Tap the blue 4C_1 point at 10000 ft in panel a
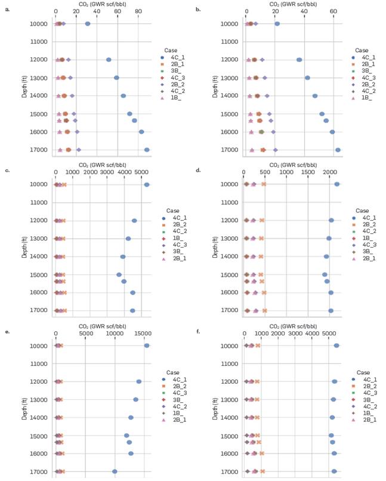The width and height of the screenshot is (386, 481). (88, 24)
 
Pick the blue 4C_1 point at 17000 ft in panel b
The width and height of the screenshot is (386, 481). (338, 150)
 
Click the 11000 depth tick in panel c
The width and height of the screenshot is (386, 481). (42, 203)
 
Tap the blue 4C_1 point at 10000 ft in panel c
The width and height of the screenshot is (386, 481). (147, 184)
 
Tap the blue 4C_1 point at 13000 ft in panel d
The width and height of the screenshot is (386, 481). (329, 238)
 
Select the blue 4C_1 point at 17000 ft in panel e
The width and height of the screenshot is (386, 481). (115, 471)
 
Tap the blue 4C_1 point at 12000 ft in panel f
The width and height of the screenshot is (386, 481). (335, 381)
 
